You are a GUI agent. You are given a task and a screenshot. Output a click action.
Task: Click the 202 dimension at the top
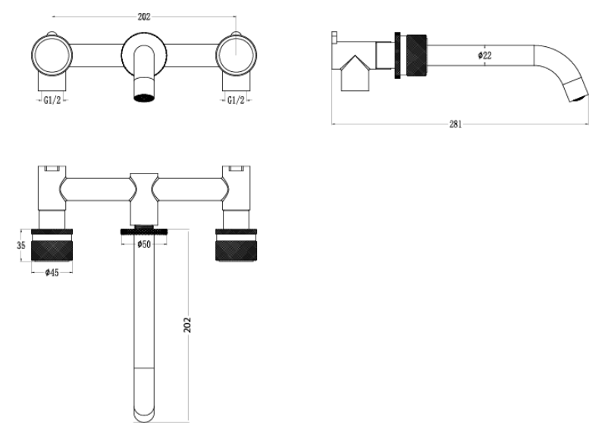(144, 17)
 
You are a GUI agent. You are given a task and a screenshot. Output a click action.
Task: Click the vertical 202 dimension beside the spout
(187, 325)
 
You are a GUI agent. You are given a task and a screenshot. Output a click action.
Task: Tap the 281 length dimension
(456, 124)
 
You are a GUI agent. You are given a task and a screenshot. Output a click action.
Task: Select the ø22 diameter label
(484, 55)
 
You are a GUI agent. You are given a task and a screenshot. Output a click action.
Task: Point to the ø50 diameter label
(144, 244)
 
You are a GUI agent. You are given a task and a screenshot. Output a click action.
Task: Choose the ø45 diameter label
(52, 272)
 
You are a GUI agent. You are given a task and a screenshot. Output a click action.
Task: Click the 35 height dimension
(21, 246)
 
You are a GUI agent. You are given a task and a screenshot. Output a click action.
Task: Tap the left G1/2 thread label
(52, 101)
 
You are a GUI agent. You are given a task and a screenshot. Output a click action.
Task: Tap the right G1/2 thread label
(236, 101)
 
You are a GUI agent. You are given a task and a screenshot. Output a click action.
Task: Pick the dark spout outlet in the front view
(144, 97)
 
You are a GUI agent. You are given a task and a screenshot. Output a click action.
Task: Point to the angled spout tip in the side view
(575, 89)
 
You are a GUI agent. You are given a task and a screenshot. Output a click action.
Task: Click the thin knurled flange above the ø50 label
(144, 231)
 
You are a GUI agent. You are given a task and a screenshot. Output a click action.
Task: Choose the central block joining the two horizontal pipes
(144, 199)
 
